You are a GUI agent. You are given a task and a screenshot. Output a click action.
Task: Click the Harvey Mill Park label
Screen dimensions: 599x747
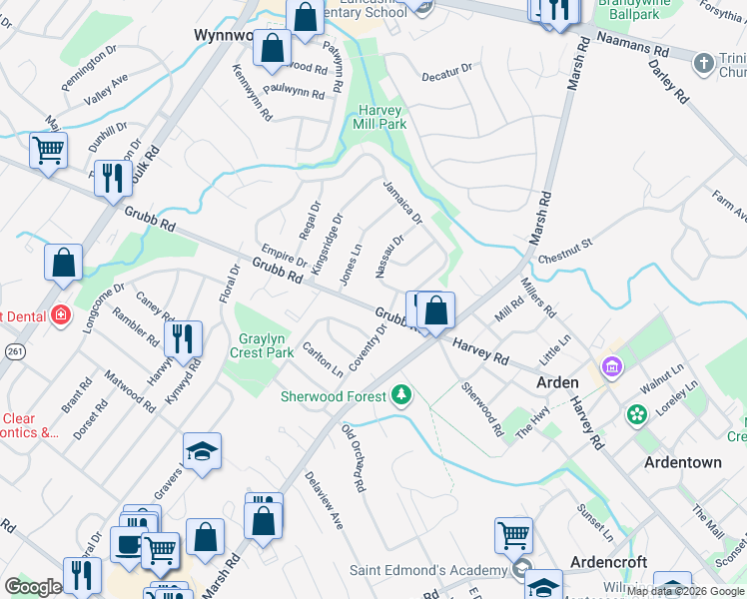(x=379, y=117)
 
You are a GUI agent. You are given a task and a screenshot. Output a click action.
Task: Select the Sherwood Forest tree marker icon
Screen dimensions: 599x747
(x=401, y=396)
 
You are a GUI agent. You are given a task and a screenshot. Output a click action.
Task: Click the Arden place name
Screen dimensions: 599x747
(x=557, y=382)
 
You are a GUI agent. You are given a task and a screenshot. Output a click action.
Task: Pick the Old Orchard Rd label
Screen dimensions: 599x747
(x=353, y=459)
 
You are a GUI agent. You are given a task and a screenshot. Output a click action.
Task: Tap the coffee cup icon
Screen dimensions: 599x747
(x=129, y=545)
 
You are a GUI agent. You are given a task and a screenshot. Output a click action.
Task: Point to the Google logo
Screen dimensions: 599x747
(x=34, y=587)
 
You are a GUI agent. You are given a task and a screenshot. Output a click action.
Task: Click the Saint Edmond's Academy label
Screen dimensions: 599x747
(x=429, y=571)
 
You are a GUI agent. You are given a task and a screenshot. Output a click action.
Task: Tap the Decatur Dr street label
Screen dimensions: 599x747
(x=445, y=73)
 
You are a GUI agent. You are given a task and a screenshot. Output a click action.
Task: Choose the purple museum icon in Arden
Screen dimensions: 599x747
(x=611, y=365)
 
